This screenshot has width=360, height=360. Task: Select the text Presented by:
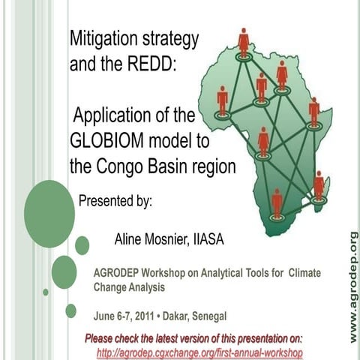(x=115, y=200)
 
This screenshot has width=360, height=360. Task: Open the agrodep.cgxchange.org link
(x=199, y=352)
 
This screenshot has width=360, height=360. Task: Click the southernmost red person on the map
(x=277, y=202)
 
